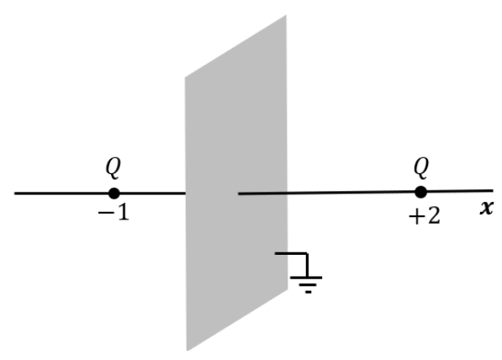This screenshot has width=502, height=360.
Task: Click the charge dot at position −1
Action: [x=114, y=193]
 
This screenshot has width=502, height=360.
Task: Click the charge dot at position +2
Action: [x=420, y=193]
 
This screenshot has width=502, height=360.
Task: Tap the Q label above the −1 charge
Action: [x=113, y=167]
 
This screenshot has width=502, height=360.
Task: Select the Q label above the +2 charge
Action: [x=420, y=167]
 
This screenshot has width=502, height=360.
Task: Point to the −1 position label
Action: [x=113, y=214]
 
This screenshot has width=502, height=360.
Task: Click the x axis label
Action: [x=486, y=208]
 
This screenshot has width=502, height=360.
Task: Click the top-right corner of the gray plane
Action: [x=287, y=15]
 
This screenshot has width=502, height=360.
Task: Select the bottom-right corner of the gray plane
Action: [x=287, y=288]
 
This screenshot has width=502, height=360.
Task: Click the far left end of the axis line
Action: [x=15, y=193]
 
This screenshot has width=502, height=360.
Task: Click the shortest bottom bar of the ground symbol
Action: [x=308, y=292]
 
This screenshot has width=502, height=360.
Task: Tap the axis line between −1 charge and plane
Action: [x=151, y=193]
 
